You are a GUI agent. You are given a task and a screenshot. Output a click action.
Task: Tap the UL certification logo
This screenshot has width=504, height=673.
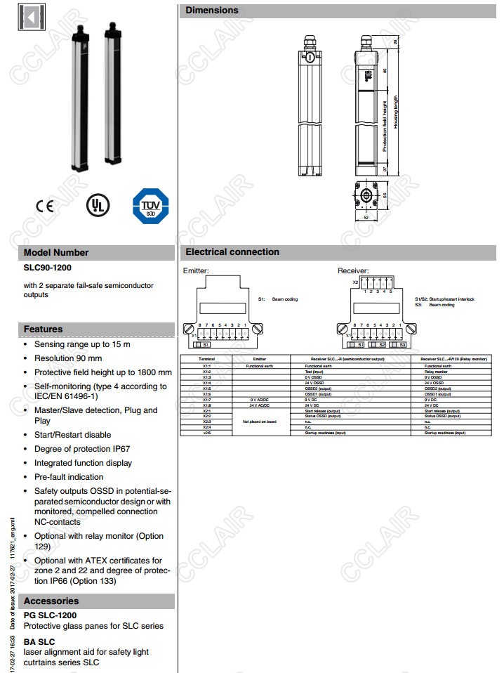click(98, 205)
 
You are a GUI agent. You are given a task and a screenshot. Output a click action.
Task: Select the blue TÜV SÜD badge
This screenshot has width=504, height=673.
click(150, 206)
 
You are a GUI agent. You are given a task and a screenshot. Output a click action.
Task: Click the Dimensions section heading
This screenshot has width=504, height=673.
click(212, 11)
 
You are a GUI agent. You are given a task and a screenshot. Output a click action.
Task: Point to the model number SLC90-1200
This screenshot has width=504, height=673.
click(48, 268)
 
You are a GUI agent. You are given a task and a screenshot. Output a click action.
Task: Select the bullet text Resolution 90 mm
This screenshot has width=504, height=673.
click(68, 358)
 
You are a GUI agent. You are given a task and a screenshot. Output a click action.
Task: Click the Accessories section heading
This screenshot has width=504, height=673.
click(51, 601)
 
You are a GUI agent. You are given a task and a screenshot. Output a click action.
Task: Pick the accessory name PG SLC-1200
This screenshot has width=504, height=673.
click(51, 615)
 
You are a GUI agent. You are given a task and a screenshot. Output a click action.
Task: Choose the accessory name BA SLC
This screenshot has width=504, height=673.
click(39, 641)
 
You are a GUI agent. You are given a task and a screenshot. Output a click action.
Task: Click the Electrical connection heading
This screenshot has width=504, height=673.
click(232, 252)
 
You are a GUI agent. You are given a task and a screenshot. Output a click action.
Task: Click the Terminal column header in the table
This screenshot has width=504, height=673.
click(206, 358)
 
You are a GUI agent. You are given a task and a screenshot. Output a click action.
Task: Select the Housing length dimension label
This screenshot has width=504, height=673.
click(396, 112)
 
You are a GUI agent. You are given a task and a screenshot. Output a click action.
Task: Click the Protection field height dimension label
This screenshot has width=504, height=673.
click(385, 126)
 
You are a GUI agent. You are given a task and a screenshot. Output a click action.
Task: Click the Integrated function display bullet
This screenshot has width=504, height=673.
click(83, 463)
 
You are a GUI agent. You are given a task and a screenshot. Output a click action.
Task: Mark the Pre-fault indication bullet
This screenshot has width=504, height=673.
click(69, 477)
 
